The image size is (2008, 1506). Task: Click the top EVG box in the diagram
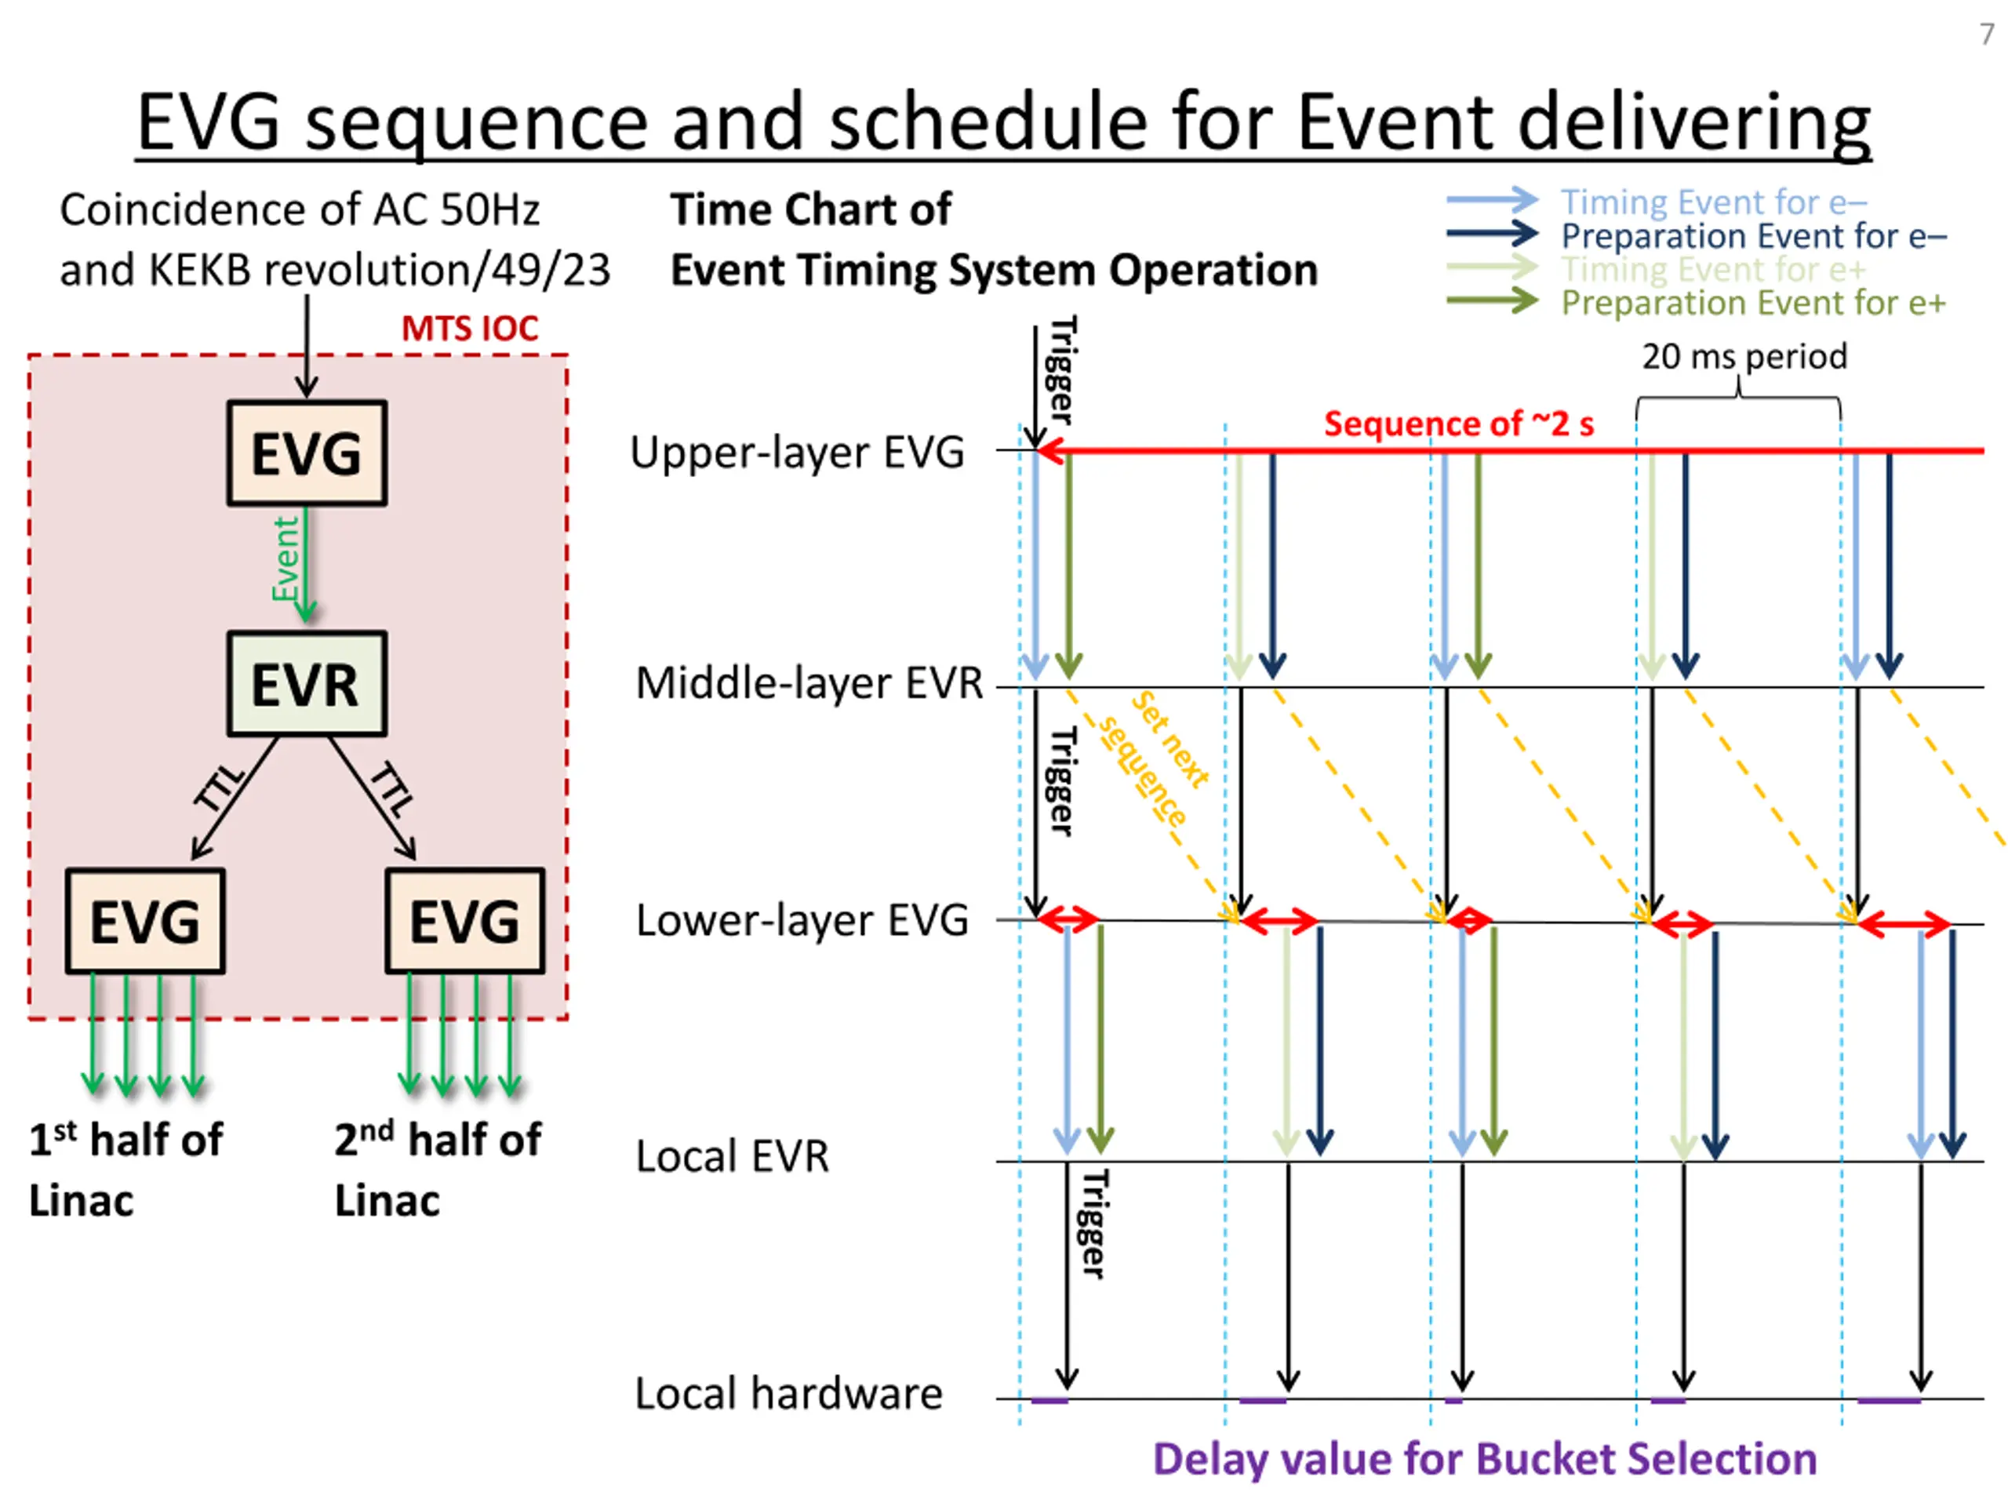[307, 453]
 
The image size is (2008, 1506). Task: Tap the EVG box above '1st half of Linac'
[145, 922]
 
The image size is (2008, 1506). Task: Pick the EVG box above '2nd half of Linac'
[465, 922]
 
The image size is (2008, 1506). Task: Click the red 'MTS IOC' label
[469, 329]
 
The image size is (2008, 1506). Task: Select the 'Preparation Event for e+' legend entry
[1753, 302]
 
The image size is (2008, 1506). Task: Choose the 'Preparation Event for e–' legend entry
[1753, 236]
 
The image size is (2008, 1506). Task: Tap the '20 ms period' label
[1744, 356]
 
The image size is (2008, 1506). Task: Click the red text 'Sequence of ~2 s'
[1459, 424]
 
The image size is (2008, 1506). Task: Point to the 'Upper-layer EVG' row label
[797, 452]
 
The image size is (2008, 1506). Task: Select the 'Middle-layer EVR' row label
[809, 682]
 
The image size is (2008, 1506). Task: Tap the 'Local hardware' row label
[788, 1393]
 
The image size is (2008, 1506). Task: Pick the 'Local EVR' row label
[732, 1156]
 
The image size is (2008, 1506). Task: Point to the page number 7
[1986, 35]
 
